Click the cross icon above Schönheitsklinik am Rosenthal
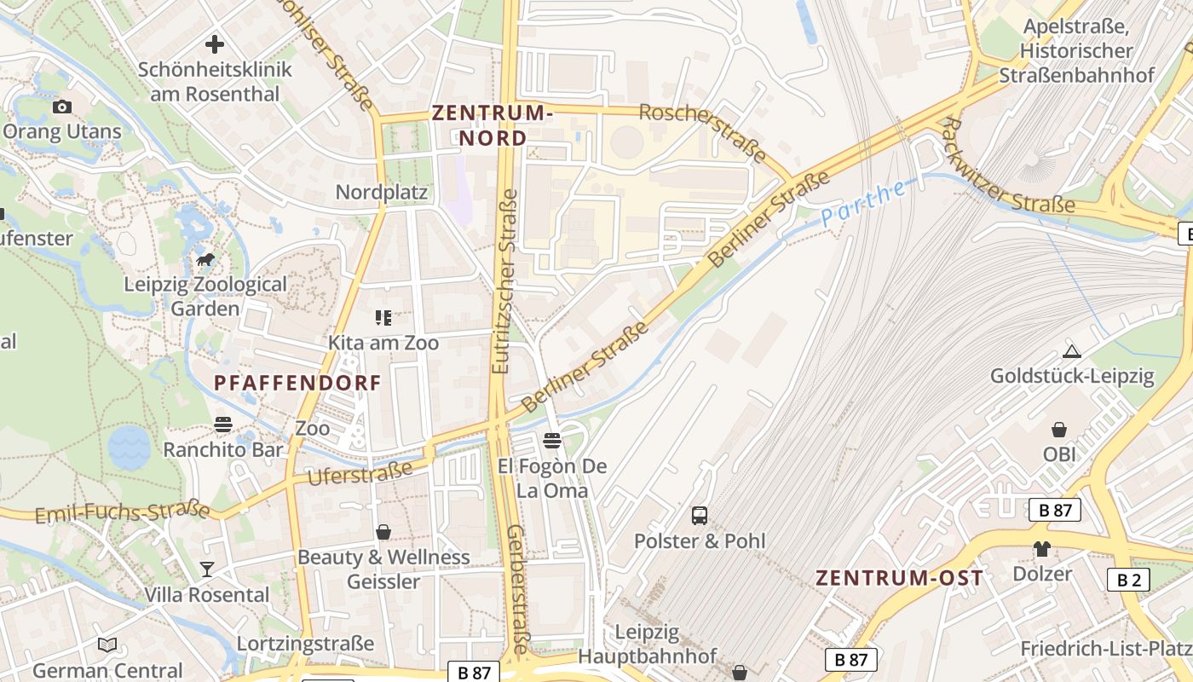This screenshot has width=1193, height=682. tap(215, 43)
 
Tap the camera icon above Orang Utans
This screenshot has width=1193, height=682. tap(62, 107)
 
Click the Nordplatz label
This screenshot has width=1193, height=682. tap(381, 192)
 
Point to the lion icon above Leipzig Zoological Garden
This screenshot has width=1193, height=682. tap(205, 259)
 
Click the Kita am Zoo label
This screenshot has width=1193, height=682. tap(383, 343)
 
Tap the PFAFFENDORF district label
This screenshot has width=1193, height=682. tap(297, 383)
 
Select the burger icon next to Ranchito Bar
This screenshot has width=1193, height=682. tap(223, 425)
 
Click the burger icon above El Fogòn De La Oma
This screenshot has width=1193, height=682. tap(552, 441)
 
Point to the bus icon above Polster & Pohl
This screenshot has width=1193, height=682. tap(700, 515)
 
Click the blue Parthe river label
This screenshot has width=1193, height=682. tap(864, 204)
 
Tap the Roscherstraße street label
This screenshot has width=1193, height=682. tap(704, 133)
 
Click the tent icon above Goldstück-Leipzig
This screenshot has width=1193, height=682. tap(1072, 351)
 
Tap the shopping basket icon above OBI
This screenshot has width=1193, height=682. tap(1059, 429)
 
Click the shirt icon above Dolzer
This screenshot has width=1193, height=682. tap(1042, 548)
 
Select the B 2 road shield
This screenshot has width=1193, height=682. tap(1128, 581)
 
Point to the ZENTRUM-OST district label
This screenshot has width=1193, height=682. tap(899, 577)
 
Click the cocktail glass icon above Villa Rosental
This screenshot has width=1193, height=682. tap(207, 569)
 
